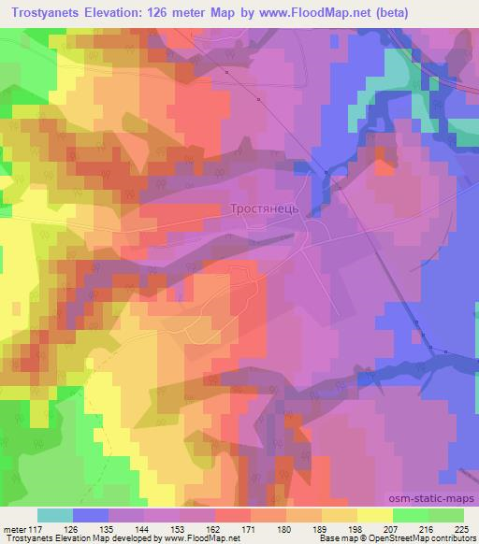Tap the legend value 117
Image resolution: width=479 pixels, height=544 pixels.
point(34,529)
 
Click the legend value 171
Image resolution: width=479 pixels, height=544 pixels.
point(250,529)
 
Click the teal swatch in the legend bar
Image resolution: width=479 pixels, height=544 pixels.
point(55,515)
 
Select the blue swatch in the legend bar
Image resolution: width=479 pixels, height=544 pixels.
point(91,515)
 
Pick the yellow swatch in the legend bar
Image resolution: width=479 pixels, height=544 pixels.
point(375,515)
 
